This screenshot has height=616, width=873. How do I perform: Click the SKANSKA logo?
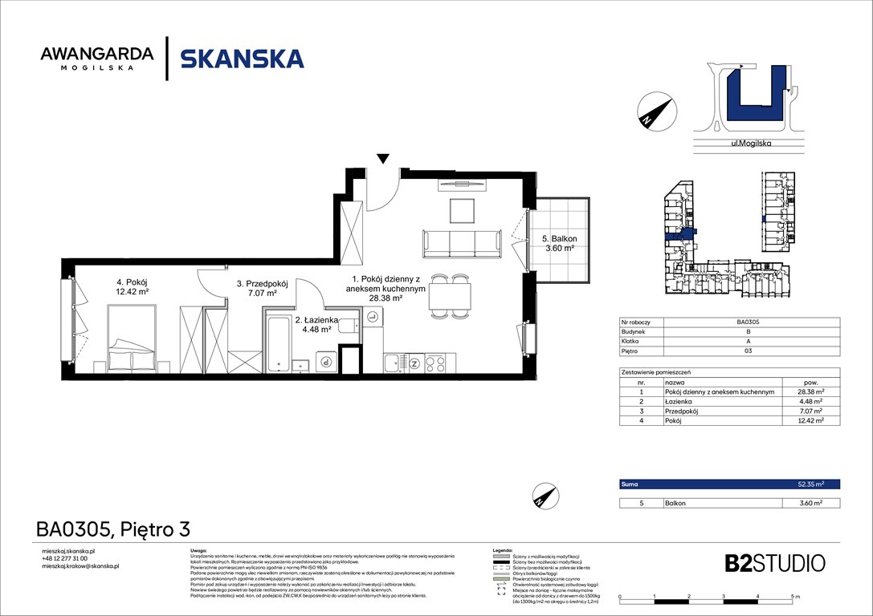pyautogui.click(x=242, y=59)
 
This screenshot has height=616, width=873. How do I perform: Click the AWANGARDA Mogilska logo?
pyautogui.click(x=97, y=59)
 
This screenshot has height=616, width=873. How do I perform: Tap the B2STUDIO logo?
pyautogui.click(x=763, y=562)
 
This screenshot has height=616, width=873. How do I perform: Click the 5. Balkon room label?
pyautogui.click(x=558, y=243)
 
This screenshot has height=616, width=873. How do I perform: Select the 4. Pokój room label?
pyautogui.click(x=133, y=286)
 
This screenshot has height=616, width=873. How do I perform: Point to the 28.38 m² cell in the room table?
pyautogui.click(x=810, y=391)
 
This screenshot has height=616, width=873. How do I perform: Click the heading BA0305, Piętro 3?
pyautogui.click(x=112, y=529)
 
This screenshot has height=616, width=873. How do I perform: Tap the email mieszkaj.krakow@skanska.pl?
pyautogui.click(x=80, y=566)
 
